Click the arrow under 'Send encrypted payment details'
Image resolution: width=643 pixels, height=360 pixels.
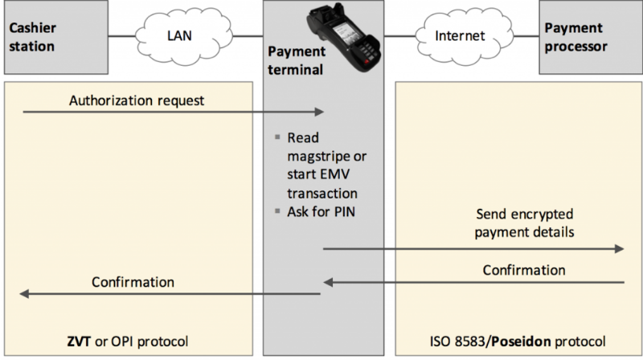click(x=474, y=249)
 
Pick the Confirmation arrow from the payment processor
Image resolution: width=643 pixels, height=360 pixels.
click(x=474, y=282)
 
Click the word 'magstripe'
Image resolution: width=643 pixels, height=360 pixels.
click(x=318, y=155)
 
